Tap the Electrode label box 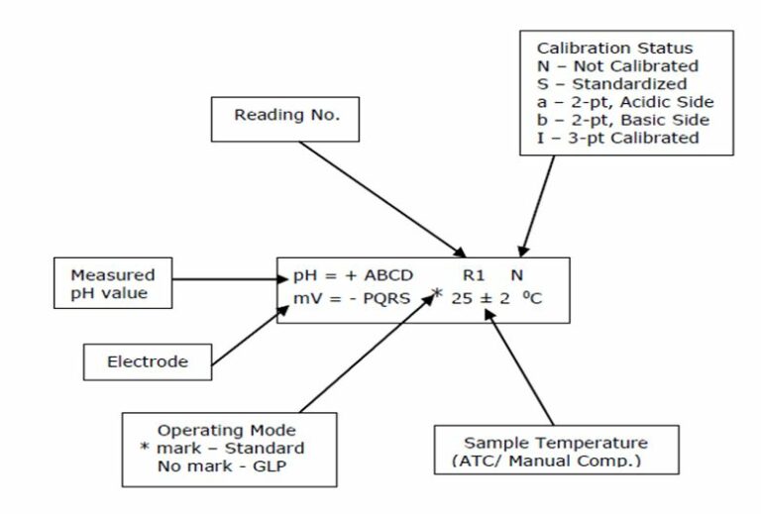coord(147,361)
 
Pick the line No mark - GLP coord(209,465)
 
